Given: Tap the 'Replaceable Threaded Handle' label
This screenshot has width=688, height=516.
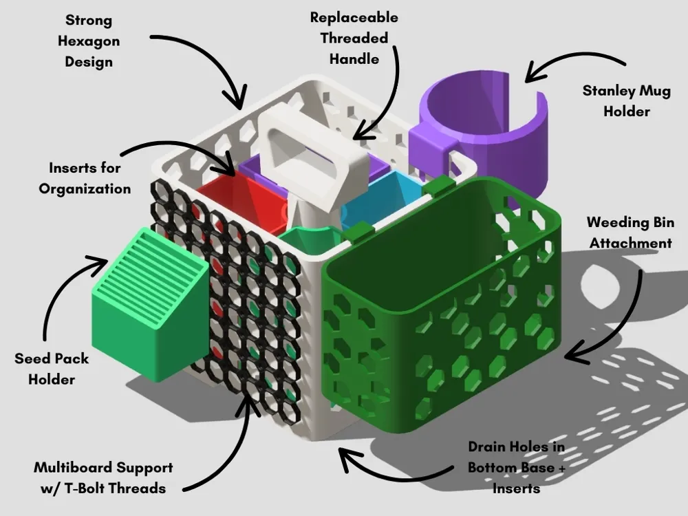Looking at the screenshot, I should [x=354, y=39].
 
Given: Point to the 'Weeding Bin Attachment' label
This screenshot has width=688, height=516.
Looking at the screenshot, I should [x=630, y=233].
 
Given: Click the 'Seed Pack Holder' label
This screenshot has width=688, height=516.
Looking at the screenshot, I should [x=52, y=369].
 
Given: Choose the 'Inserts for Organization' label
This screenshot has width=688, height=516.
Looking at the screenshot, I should [x=85, y=178].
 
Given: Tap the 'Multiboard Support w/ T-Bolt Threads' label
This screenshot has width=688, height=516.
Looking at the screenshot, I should [x=103, y=477].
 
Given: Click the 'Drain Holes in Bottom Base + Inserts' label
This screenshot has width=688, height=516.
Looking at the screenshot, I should [x=516, y=467].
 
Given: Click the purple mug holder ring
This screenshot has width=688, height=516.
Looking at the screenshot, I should [x=482, y=131].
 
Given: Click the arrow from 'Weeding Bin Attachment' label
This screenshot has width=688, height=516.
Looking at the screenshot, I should [x=619, y=323].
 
